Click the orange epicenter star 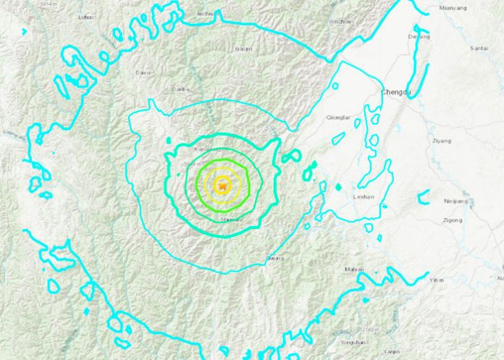point(223,186)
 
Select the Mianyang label point(453,8)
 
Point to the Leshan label point(361,196)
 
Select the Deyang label point(419,36)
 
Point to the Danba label point(179,90)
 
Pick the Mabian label point(354,269)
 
